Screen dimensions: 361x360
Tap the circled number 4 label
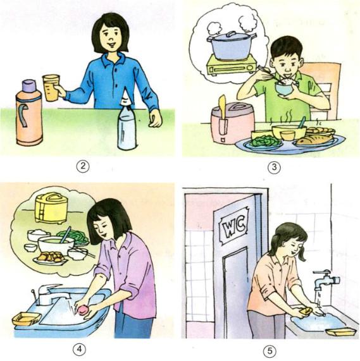pyautogui.click(x=80, y=348)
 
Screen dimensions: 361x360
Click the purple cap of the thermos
pyautogui.click(x=29, y=87)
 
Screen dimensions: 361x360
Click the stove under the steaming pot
pyautogui.click(x=231, y=65)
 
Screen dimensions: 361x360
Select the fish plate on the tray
pyautogui.click(x=315, y=138)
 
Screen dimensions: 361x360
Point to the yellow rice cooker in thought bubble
pyautogui.click(x=51, y=207)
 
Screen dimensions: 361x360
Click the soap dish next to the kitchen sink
pyautogui.click(x=26, y=318)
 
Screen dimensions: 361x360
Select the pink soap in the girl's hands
pyautogui.click(x=82, y=309)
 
